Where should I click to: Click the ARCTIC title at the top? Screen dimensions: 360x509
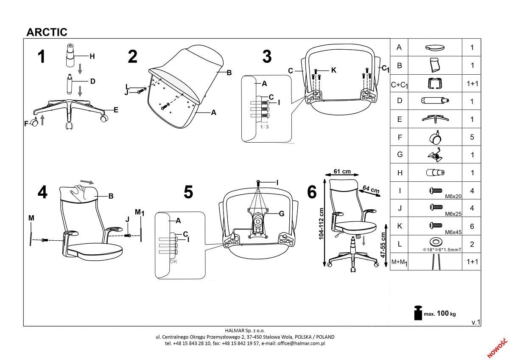point(47,32)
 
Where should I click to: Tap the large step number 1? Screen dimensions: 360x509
point(41,56)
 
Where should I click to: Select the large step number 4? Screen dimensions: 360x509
point(42,192)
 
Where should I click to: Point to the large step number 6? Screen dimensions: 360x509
point(311,192)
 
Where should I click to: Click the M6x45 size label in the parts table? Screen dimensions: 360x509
point(453,232)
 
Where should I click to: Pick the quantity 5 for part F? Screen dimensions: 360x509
point(472,137)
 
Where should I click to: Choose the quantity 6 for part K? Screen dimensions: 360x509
point(472,226)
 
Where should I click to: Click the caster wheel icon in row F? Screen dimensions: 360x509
point(436,137)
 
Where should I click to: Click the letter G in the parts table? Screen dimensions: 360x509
point(399,155)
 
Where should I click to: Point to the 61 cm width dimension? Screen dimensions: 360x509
point(342,172)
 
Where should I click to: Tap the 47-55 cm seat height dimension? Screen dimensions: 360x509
point(383,245)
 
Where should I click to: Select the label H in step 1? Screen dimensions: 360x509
point(92,56)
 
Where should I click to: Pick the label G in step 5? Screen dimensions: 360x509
point(281,214)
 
